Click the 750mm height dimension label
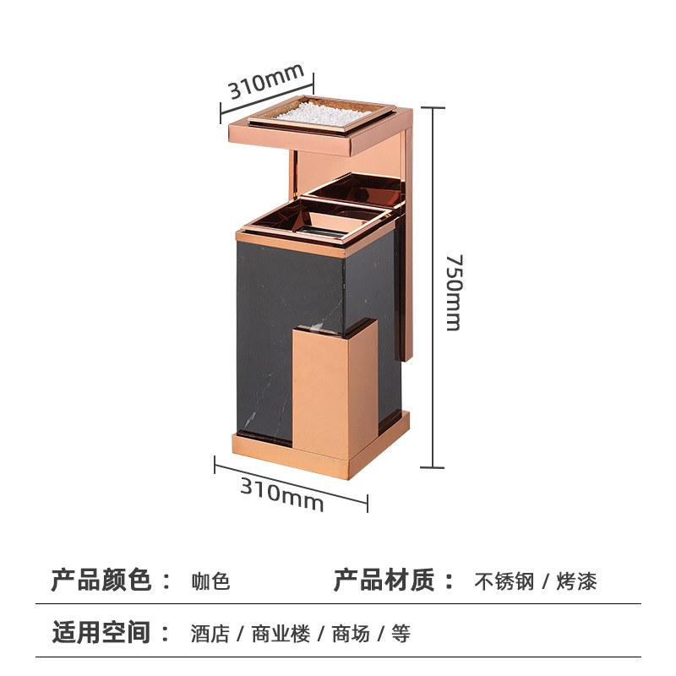[454, 292]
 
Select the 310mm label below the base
[282, 494]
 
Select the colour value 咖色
[210, 582]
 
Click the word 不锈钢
[504, 582]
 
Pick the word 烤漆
[577, 582]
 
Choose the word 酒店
[210, 634]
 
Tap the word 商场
[351, 634]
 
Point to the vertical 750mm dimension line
[433, 287]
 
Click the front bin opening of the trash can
[314, 224]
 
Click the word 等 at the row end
[401, 634]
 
